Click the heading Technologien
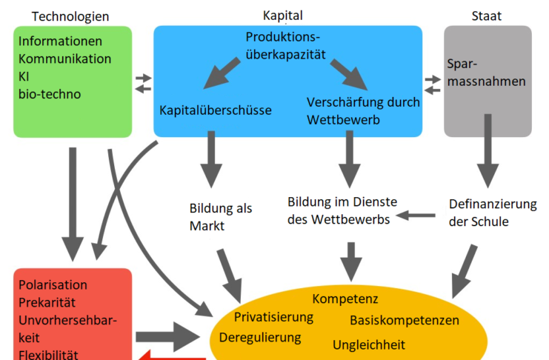pos(71,16)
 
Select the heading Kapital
pos(283,16)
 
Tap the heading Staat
pos(487,16)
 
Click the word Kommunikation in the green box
pos(65,59)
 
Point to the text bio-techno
pos(50,94)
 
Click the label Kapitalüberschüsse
pos(216,110)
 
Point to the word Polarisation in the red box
pos(53,285)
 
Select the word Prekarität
pos(47,302)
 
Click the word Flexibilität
pos(48,354)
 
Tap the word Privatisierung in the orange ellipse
pos(273,317)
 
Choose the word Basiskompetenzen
pos(405,320)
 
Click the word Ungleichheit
pos(369,344)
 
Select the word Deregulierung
pos(261,337)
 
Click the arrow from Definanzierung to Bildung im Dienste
pos(416,216)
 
